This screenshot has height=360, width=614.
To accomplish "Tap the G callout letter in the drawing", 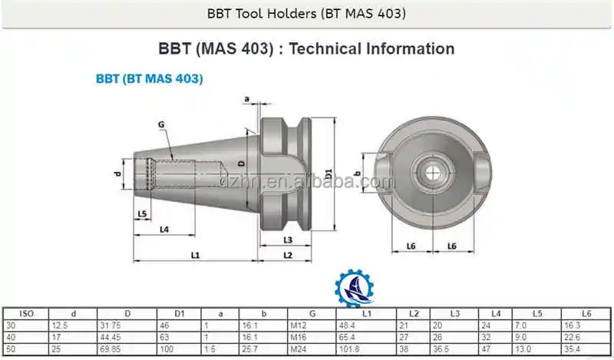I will [x=161, y=124].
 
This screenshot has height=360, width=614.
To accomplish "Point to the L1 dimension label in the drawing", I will [x=195, y=254].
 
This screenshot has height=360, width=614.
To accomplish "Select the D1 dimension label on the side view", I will [x=328, y=173].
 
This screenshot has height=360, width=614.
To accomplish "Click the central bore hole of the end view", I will [x=434, y=170].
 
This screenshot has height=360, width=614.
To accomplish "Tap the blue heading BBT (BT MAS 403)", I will [x=149, y=78].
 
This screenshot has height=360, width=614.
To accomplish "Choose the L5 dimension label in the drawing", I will [x=142, y=213].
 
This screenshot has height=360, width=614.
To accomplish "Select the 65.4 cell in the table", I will [x=348, y=336].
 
